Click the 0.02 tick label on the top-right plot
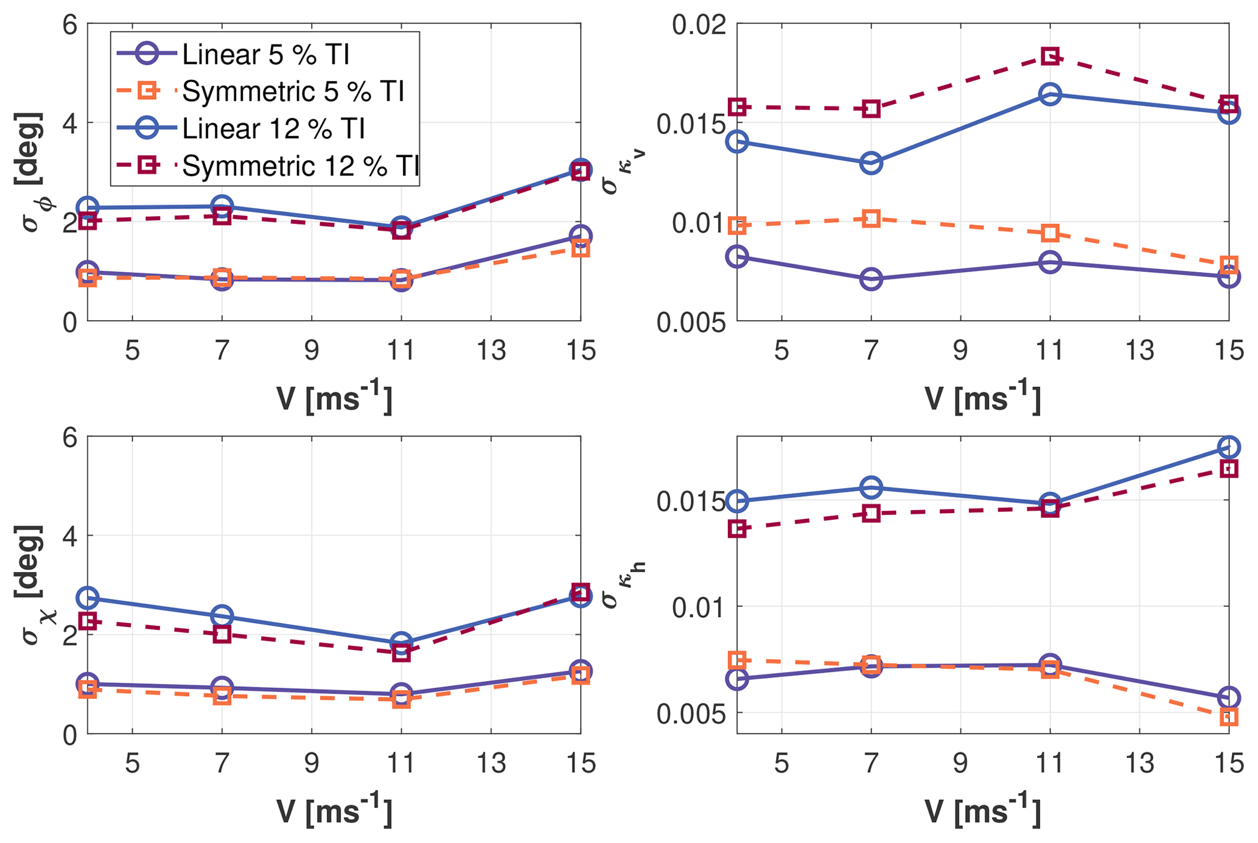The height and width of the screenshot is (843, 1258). point(699,24)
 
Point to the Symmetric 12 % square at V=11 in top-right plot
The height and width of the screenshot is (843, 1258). point(1050,57)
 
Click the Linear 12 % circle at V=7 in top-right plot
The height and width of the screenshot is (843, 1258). point(871,163)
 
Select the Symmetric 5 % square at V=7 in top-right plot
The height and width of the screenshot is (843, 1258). point(871,219)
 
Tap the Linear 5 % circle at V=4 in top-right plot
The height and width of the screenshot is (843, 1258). point(737,256)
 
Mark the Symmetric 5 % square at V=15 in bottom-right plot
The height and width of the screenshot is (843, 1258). point(1228,717)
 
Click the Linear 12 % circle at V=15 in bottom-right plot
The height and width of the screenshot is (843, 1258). point(1228,447)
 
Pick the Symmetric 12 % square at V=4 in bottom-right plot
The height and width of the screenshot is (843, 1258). point(737,529)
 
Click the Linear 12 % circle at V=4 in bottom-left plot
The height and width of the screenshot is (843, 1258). point(88,598)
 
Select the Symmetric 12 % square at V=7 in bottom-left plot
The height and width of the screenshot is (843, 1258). point(222,634)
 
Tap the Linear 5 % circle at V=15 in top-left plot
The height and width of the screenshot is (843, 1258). point(580,236)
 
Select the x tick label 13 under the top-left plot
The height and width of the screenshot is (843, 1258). point(491,351)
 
